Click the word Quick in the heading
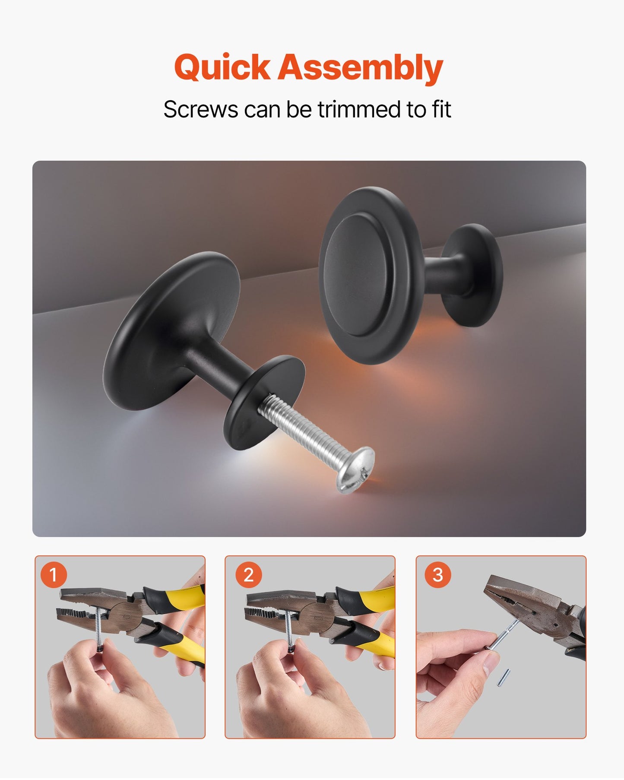click(x=222, y=68)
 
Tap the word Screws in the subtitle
click(x=200, y=109)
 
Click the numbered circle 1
click(x=53, y=575)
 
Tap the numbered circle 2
click(x=248, y=575)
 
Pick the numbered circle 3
click(x=437, y=575)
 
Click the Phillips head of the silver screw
click(x=356, y=470)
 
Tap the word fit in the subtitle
click(x=440, y=109)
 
